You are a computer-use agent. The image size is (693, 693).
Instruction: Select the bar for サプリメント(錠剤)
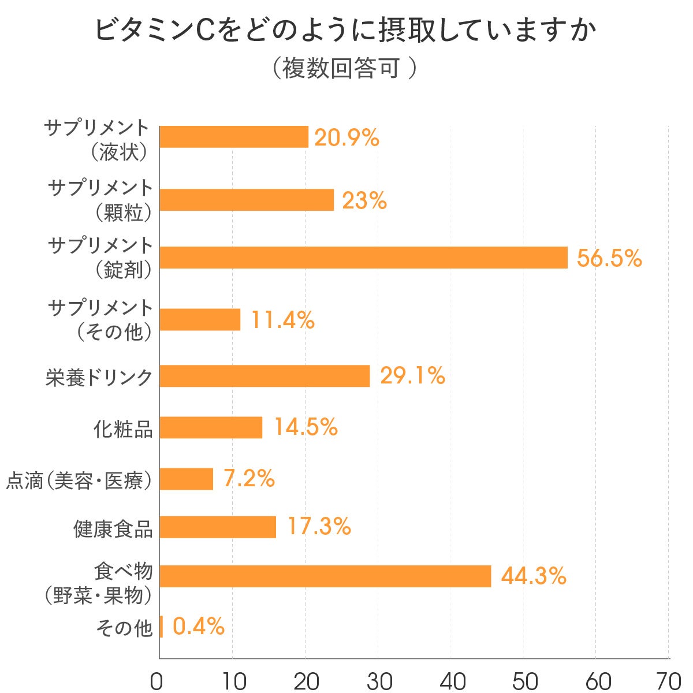[363, 258]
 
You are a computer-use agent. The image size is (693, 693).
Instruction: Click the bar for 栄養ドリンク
[264, 376]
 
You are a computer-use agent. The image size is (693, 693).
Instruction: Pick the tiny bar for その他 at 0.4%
[161, 627]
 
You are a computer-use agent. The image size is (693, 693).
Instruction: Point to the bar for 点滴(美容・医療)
[187, 479]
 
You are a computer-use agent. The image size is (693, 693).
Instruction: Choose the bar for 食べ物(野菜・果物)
[325, 576]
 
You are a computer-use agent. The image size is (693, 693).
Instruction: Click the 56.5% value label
[609, 258]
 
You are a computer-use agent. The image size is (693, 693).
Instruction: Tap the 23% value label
[364, 200]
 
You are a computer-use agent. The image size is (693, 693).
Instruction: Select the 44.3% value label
[533, 576]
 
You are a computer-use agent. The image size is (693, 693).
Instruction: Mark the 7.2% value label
[249, 478]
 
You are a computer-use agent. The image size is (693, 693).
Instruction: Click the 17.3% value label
[319, 526]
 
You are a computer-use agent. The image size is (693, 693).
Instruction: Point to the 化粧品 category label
[123, 428]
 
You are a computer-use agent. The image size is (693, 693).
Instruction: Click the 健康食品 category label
[113, 528]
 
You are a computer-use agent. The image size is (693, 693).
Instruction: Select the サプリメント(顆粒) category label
[100, 200]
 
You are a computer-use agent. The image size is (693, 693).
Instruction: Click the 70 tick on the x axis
[668, 681]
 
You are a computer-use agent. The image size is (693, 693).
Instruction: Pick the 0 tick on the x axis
[157, 681]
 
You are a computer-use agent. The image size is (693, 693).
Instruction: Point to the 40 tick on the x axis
[453, 681]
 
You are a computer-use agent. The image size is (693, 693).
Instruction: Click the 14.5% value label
[305, 427]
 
